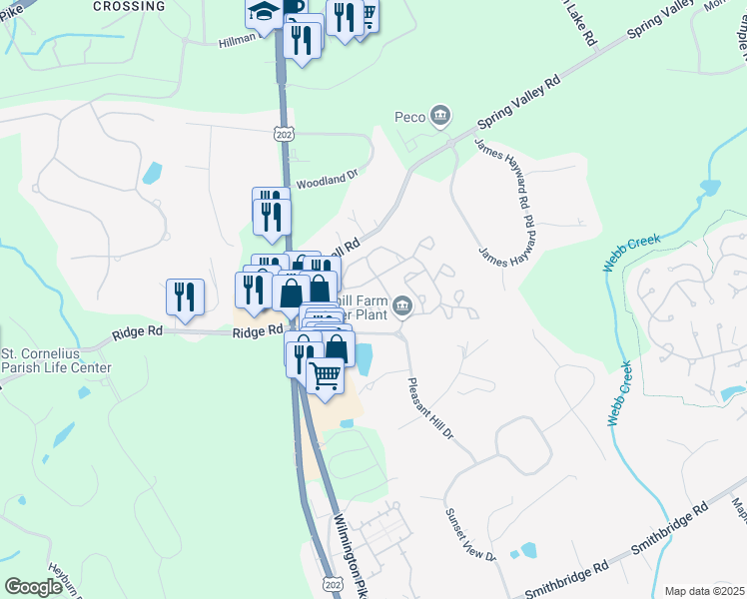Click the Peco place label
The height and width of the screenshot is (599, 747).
(410, 118)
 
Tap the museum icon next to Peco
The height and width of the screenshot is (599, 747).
(440, 118)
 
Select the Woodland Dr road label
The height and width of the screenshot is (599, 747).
(327, 180)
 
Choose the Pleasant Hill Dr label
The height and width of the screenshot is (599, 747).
(431, 407)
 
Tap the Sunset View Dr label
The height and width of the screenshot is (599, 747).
(469, 533)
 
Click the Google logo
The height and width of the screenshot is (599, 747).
(33, 586)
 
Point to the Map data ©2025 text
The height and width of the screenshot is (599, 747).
(704, 591)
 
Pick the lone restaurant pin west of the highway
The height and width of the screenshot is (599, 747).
(185, 297)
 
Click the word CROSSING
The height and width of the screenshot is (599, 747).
(129, 6)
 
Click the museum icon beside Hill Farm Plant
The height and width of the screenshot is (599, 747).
(402, 305)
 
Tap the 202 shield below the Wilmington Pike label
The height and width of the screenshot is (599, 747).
(332, 582)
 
